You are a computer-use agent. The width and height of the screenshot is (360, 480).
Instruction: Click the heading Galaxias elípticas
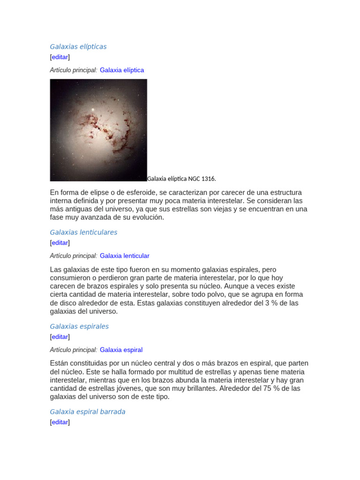pos(78,46)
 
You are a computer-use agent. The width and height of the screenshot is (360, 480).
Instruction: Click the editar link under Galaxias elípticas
pos(60,57)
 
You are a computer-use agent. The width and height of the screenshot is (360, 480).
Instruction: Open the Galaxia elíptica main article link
pos(122,70)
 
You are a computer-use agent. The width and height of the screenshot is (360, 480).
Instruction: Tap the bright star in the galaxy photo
pos(93,110)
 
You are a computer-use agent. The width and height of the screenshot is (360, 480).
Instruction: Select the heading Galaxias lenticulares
pos(83,232)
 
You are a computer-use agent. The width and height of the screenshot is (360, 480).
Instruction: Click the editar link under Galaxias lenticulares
pos(60,243)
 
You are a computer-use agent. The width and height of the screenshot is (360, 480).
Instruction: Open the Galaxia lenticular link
pos(125,255)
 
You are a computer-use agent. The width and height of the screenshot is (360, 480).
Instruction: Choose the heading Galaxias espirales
pos(79,326)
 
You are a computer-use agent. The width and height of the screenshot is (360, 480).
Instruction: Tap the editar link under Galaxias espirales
pos(60,337)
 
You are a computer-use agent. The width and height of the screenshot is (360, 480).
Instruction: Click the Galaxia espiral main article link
pos(121,350)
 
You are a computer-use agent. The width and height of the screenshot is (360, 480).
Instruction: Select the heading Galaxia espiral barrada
pos(88,412)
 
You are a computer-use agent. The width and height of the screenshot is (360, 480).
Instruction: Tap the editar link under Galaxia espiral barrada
pos(60,422)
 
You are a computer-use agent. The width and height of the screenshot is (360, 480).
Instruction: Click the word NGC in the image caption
pos(194,179)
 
